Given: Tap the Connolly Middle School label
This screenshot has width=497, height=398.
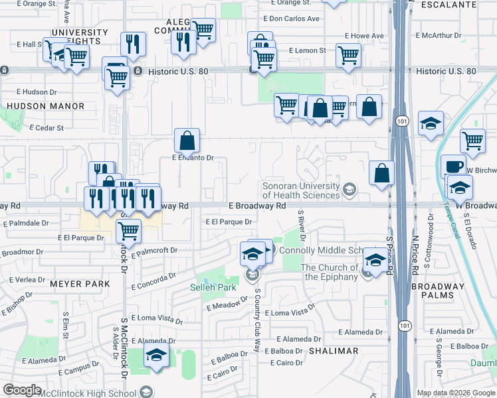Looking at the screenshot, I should (x=321, y=250).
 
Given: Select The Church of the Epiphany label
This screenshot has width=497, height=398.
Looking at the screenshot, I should (x=329, y=272).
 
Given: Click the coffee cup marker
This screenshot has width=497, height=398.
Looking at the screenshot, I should (x=453, y=166).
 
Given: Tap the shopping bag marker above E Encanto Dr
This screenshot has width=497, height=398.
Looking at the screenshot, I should (x=187, y=140).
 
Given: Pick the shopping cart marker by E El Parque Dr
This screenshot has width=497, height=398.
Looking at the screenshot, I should (x=128, y=231).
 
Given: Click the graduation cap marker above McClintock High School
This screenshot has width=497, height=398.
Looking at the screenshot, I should (x=157, y=354).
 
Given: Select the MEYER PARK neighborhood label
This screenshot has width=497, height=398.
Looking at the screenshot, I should (x=80, y=284).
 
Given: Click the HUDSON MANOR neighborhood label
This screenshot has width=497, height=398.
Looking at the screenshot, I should (x=46, y=106).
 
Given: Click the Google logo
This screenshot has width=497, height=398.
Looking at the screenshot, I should (x=23, y=390).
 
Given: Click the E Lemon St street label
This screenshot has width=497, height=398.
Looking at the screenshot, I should (x=308, y=50).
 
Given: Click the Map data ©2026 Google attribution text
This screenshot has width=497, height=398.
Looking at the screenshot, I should (x=455, y=393).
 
